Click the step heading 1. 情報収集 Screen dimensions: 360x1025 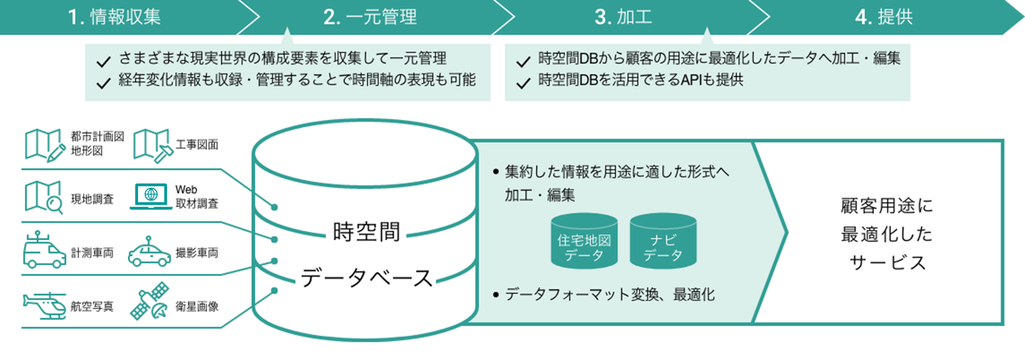click(114, 17)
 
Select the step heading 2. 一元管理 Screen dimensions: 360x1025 click(370, 17)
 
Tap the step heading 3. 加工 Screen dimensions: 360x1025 click(623, 17)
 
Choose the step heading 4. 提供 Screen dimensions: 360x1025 click(884, 17)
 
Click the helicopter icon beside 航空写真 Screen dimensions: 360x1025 click(45, 306)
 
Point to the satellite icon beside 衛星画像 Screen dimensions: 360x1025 click(150, 301)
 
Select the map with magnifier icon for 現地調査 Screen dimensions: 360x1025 click(44, 196)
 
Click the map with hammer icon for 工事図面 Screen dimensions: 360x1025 click(152, 145)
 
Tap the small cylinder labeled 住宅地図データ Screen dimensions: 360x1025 click(584, 241)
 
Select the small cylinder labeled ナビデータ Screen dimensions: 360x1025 click(663, 241)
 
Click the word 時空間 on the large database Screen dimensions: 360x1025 click(367, 232)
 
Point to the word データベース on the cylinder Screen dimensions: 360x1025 click(367, 278)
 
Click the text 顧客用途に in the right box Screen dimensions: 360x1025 click(886, 206)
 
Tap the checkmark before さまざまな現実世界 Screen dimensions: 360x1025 click(103, 61)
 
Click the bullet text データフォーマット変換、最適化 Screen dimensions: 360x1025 click(610, 295)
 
